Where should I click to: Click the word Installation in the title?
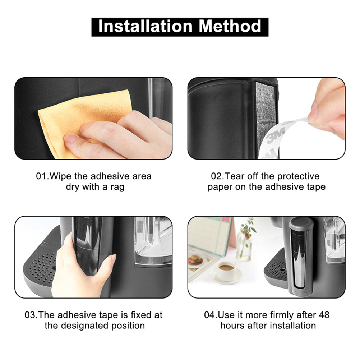pos(146,26)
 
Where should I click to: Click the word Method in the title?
pos(230,26)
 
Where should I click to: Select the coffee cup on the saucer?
pos(226,271)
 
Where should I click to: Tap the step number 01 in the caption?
pos(42,176)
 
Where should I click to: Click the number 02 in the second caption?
pos(217,176)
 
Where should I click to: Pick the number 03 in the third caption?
pos(30,315)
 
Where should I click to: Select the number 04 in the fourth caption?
pos(210,315)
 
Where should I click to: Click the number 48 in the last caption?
pos(324,315)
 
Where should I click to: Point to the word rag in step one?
pos(117,187)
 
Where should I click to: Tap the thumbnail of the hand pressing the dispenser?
pos(93,257)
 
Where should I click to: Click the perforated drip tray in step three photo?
pos(40,266)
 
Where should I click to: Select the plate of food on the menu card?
pos(195,260)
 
